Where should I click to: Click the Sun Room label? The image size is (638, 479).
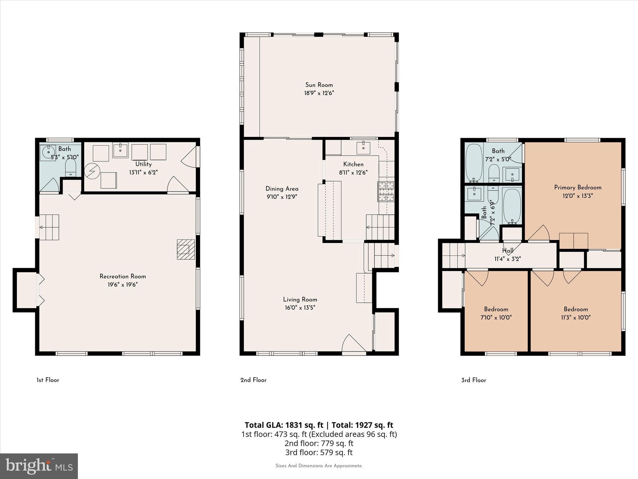[x=319, y=85]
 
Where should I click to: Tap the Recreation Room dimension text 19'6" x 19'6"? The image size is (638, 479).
[x=123, y=284]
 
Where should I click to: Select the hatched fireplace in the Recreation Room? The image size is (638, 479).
[x=186, y=249]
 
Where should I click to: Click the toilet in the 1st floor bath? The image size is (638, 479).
[x=71, y=168]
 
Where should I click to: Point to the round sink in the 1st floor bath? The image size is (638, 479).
[x=49, y=153]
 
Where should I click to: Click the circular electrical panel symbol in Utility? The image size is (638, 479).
[x=92, y=171]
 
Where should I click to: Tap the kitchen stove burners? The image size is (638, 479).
[x=386, y=192]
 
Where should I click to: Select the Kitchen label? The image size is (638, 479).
[x=353, y=164]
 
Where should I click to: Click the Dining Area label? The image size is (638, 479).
[x=282, y=189]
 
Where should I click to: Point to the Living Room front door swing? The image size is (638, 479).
[x=353, y=344]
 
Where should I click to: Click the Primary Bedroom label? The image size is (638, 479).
[x=578, y=187]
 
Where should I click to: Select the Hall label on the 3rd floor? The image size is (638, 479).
[x=508, y=250]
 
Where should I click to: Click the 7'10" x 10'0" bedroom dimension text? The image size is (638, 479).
[x=496, y=317]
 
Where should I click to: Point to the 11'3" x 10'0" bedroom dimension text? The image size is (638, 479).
[x=576, y=317]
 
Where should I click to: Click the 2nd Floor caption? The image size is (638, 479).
[x=253, y=380]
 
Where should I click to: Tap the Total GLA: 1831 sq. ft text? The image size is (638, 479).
[x=284, y=425]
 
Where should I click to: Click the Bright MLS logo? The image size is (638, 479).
[x=39, y=466]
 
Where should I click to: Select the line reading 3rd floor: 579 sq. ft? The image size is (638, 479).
[x=319, y=452]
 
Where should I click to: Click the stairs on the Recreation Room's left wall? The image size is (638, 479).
[x=49, y=227]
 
